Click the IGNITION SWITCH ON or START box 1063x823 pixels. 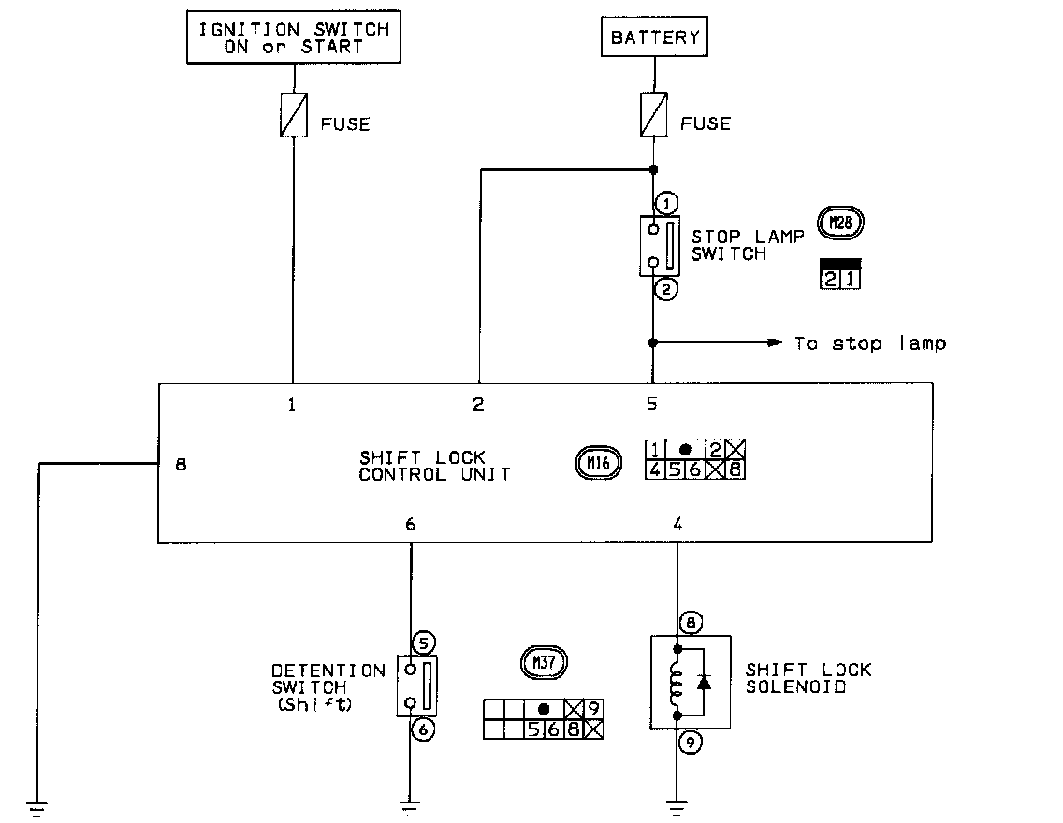pos(293,37)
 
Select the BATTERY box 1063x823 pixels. pos(654,37)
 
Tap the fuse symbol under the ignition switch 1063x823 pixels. pos(294,115)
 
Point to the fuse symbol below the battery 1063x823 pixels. pos(654,115)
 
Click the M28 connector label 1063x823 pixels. pos(840,223)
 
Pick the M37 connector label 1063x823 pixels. pos(543,661)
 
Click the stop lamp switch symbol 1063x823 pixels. pos(660,246)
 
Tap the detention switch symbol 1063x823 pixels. pos(417,686)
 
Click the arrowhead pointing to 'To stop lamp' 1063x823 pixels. pos(775,343)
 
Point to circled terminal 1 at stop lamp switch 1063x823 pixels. pos(665,202)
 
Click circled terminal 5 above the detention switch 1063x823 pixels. pos(423,643)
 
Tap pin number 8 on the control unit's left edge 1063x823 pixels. pos(182,463)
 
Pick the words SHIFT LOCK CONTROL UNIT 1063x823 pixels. pos(435,466)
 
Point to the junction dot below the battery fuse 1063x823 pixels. pos(654,170)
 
